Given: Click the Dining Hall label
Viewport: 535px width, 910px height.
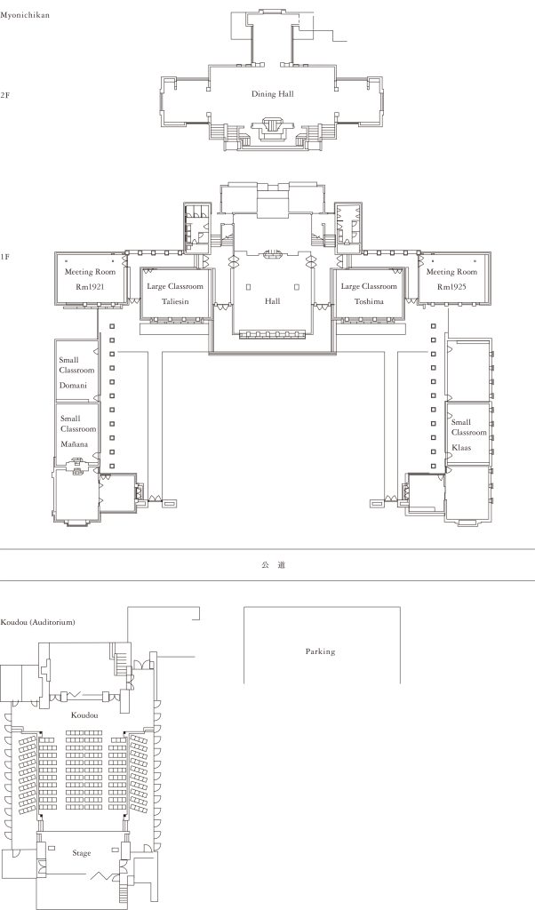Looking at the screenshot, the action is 272,94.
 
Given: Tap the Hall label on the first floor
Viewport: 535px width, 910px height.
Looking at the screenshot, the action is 272,300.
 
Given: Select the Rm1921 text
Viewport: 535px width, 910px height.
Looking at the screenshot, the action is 90,287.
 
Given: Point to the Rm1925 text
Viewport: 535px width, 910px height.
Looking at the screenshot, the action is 451,287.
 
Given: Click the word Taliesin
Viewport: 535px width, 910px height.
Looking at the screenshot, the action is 175,301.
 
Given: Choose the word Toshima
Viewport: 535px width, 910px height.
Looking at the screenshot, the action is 369,301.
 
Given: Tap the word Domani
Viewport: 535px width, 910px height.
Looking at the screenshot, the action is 73,386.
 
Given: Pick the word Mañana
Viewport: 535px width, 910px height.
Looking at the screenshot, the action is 75,444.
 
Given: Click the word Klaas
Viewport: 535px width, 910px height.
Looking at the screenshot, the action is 461,448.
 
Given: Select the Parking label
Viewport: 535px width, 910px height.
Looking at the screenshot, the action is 320,651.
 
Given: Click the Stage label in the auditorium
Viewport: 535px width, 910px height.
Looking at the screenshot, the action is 82,853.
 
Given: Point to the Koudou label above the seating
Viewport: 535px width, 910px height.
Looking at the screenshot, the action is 84,715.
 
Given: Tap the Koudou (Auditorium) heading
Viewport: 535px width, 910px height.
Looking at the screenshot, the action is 37,622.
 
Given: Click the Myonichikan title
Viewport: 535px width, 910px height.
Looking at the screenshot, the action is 24,15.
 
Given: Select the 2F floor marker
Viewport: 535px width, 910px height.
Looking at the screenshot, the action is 4,94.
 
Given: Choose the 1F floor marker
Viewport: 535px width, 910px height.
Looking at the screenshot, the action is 4,256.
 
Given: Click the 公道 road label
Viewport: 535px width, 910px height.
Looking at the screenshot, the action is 273,564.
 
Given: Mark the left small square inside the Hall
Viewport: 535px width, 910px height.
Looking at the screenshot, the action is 248,287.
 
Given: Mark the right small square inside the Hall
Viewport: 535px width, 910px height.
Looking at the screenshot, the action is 297,287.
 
